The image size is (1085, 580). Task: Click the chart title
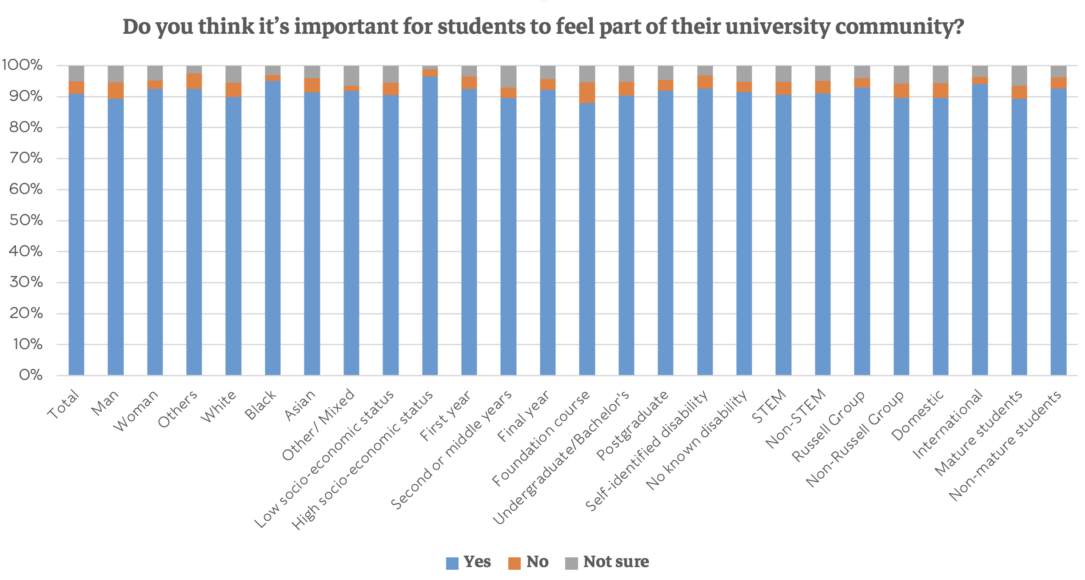click(x=543, y=27)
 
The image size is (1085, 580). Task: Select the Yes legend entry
click(x=469, y=562)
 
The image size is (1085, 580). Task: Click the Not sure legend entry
click(x=607, y=562)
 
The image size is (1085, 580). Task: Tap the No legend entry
click(x=529, y=562)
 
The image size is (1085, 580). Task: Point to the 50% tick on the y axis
click(x=26, y=221)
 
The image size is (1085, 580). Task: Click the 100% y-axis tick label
click(x=22, y=65)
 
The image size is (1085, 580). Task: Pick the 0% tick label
click(x=30, y=375)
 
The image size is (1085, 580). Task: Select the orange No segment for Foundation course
click(x=587, y=93)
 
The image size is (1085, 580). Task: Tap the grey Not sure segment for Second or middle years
click(x=508, y=77)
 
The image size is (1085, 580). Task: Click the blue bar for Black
click(x=273, y=227)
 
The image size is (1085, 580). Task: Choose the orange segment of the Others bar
click(x=194, y=81)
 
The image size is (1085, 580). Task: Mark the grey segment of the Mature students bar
click(x=1019, y=76)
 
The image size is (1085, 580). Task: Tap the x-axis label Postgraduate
click(x=632, y=425)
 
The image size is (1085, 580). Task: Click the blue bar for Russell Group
click(x=862, y=231)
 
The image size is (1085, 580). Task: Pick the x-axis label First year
click(x=445, y=416)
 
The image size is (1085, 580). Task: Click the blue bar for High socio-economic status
click(x=430, y=227)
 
